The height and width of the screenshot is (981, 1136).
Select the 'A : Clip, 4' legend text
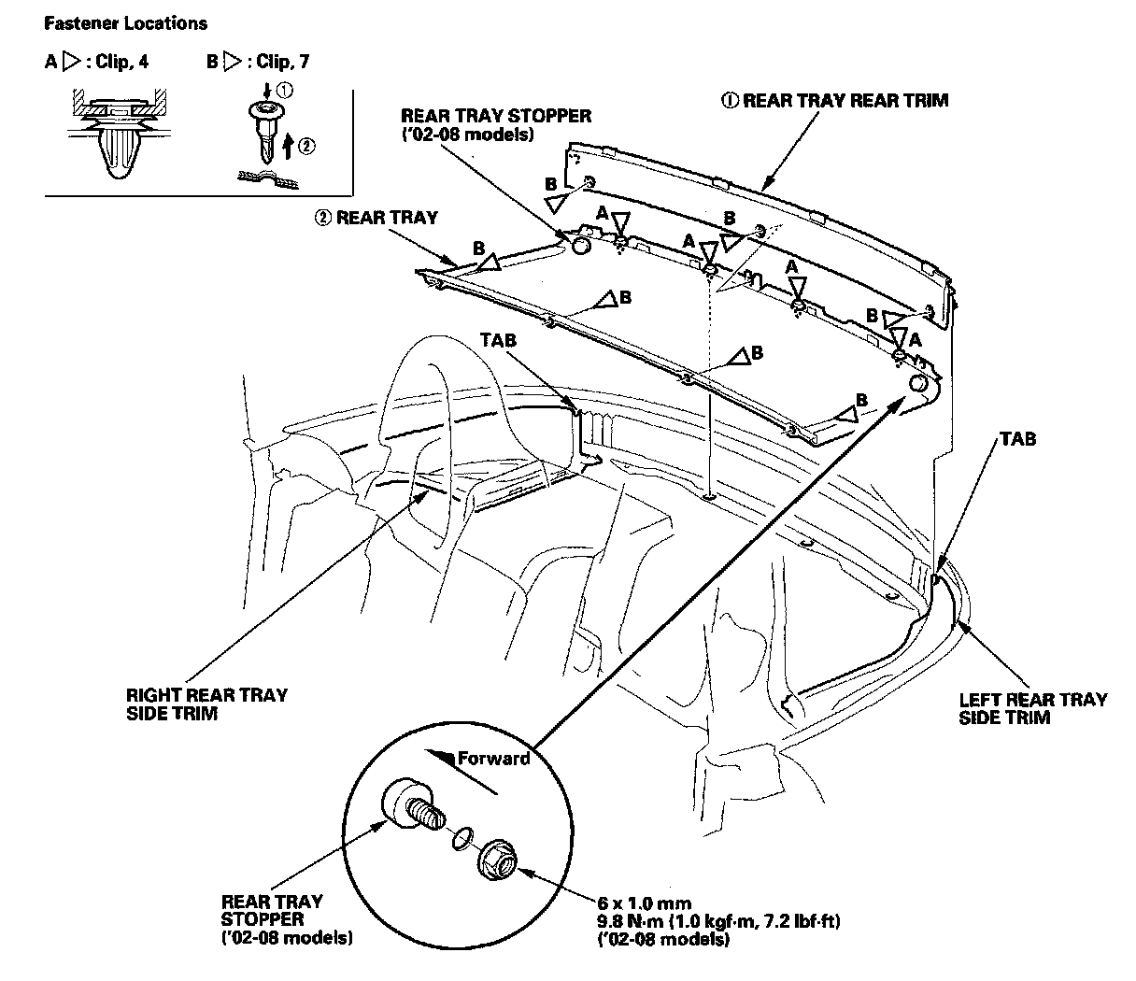(96, 62)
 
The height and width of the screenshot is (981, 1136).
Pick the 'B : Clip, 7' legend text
(259, 62)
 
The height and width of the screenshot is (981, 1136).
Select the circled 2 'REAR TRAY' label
(376, 218)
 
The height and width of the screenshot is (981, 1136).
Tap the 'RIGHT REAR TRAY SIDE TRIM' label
(206, 704)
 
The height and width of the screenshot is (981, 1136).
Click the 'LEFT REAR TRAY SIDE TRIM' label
(1032, 707)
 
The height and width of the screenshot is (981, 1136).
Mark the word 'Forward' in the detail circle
(493, 759)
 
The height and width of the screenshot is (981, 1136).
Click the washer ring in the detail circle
(459, 840)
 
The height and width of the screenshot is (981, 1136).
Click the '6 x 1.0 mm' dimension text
(644, 903)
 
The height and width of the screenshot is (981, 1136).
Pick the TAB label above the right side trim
(498, 342)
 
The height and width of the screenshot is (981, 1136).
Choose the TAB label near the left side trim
(1017, 437)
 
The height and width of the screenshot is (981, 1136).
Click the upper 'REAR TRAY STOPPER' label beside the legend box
(496, 117)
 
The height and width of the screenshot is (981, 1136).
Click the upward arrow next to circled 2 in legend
(289, 144)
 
